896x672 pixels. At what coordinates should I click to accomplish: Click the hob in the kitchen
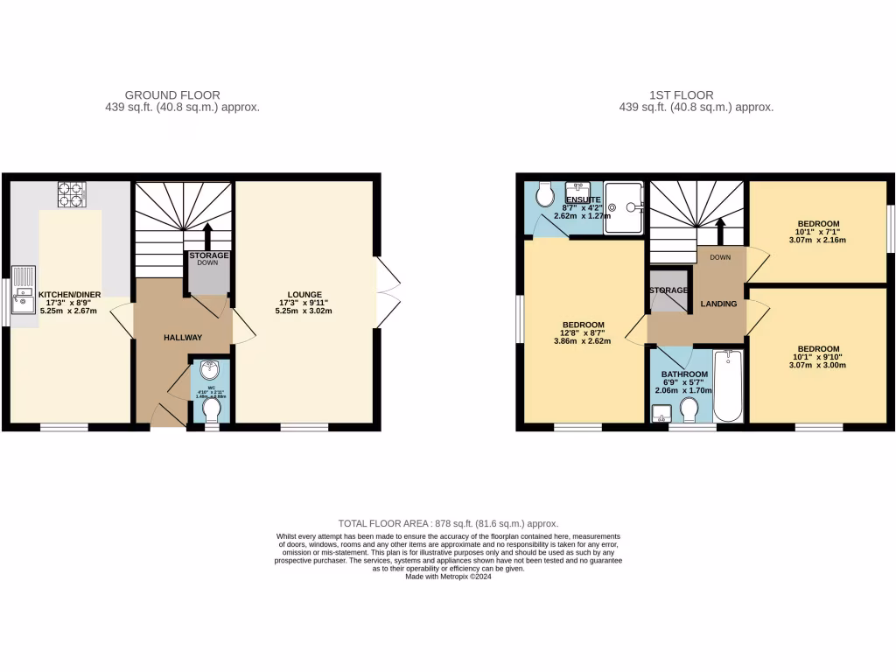tap(70, 193)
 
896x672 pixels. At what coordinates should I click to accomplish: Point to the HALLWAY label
tap(183, 338)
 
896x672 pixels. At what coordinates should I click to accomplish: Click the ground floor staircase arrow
tap(208, 235)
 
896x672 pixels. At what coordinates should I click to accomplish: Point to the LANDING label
tap(718, 304)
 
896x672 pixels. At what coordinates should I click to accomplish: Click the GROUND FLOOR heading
tap(172, 95)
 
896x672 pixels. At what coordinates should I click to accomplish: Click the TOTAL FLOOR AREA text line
tap(447, 523)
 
